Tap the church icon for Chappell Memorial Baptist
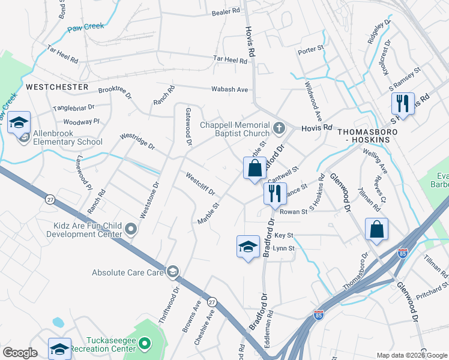click(x=279, y=128)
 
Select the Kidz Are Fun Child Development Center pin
click(x=131, y=229)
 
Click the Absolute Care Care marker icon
click(x=173, y=272)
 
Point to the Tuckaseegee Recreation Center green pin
click(x=144, y=344)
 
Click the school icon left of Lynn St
click(x=249, y=246)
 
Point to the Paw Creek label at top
click(x=86, y=26)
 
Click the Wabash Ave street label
click(x=229, y=89)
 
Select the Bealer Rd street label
click(x=226, y=11)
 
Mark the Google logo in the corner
click(x=20, y=353)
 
